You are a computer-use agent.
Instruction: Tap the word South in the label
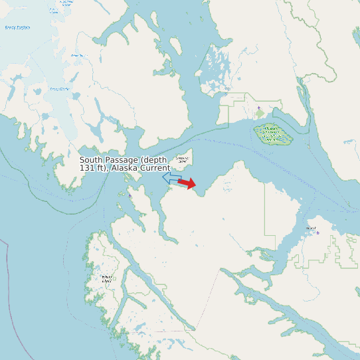(92, 160)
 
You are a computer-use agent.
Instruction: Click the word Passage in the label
(123, 160)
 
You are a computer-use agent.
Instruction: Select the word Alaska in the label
(127, 168)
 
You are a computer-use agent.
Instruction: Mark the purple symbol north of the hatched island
(259, 108)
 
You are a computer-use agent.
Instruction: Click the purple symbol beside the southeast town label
(317, 232)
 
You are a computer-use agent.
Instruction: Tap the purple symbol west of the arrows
(130, 196)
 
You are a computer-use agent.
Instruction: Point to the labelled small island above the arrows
(181, 159)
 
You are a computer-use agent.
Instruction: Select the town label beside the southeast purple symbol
(310, 228)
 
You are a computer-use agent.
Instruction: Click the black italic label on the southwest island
(106, 279)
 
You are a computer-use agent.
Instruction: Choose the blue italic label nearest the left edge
(17, 27)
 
